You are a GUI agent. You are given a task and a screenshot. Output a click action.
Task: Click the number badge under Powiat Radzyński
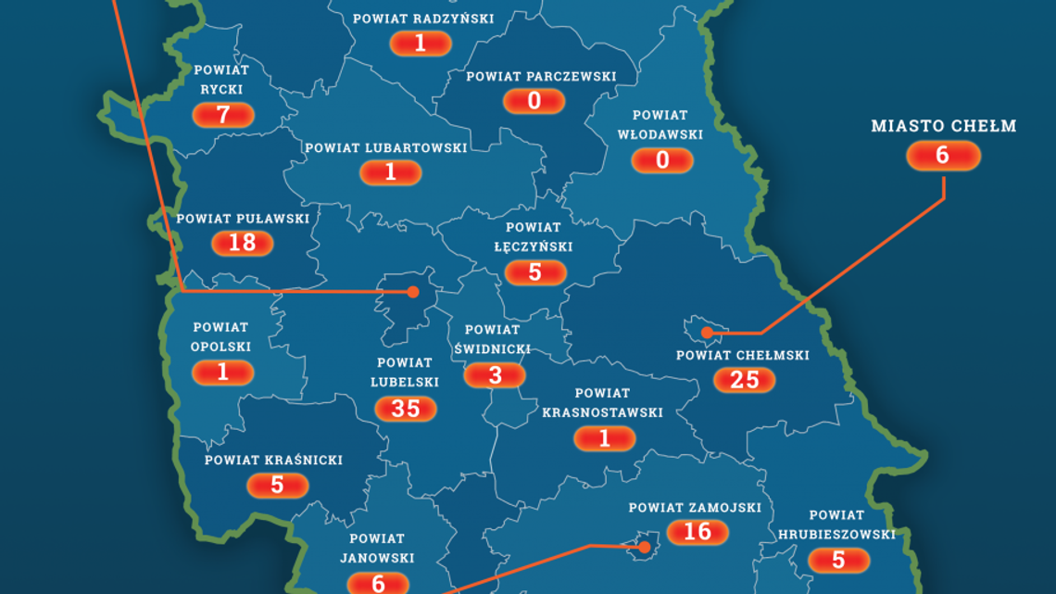pos(421,43)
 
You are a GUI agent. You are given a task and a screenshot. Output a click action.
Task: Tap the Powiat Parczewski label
pos(541,76)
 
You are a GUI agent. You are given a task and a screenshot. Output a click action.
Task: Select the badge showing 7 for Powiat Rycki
pos(223,115)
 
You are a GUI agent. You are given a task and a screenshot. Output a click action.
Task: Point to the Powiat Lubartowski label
pos(386,147)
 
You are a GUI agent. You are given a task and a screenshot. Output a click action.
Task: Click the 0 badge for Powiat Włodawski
pos(662,160)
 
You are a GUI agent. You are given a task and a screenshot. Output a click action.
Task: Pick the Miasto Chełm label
pos(943,126)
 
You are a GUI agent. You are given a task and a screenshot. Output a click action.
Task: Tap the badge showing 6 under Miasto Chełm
pos(943,156)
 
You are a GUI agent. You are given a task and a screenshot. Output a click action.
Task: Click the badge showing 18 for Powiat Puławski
pos(243,243)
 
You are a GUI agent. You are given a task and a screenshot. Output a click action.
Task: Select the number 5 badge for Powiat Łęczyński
pos(535,272)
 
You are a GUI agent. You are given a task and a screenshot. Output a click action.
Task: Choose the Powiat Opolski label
pos(220,337)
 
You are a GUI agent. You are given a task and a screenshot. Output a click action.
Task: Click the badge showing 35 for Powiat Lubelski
pos(406,408)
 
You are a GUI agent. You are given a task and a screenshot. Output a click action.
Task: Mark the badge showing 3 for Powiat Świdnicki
pos(496,374)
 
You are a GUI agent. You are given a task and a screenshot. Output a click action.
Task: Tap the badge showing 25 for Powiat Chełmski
pos(745,379)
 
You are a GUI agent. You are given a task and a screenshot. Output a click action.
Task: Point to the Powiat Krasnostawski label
pos(602,402)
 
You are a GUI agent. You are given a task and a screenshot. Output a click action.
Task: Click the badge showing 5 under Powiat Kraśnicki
pos(277,485)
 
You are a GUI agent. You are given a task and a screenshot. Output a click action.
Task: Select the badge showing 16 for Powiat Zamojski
pos(697,532)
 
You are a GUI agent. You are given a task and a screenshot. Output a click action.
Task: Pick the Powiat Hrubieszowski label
pos(836,524)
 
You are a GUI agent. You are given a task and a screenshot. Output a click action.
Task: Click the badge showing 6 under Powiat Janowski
pos(378,583)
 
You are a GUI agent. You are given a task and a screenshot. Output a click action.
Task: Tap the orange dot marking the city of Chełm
pos(706,332)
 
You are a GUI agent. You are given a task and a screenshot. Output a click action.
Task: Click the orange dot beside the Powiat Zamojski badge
pos(643,547)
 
